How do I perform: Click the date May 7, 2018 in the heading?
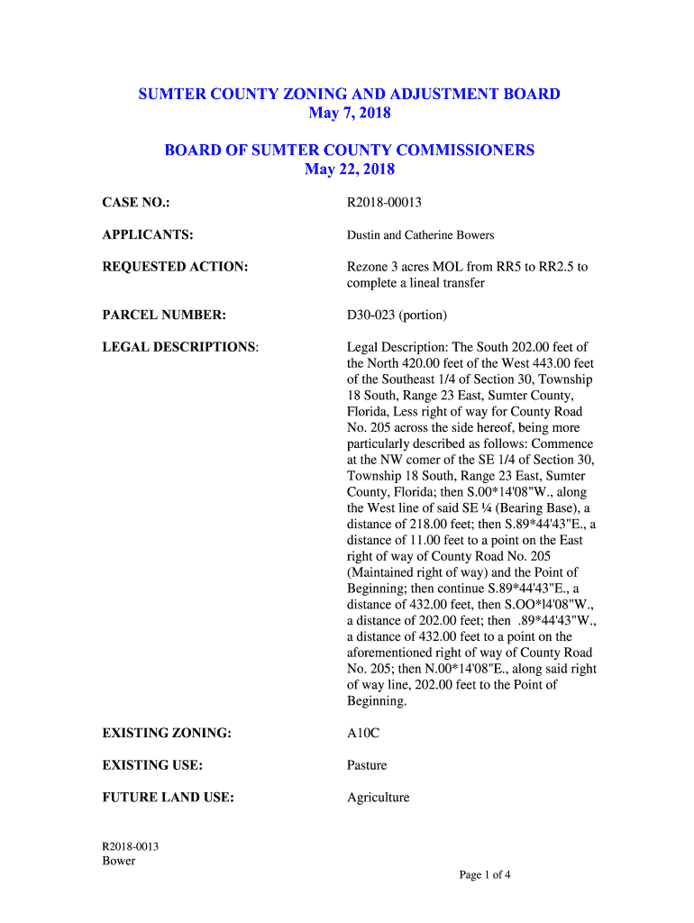click(x=349, y=114)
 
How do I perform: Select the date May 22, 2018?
click(x=349, y=169)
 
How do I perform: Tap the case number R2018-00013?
click(x=385, y=203)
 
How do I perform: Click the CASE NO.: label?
click(x=136, y=203)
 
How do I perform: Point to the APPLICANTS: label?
click(x=148, y=235)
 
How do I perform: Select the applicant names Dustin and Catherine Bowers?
click(x=421, y=235)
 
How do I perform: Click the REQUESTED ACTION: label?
click(x=175, y=267)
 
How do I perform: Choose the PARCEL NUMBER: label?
click(x=163, y=315)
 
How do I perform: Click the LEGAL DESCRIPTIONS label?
click(x=179, y=347)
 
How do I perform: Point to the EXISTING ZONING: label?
click(x=167, y=734)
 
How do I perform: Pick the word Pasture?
click(x=367, y=765)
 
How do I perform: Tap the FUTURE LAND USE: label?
click(x=169, y=798)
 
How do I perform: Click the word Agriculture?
click(x=379, y=798)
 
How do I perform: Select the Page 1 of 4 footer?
click(x=486, y=874)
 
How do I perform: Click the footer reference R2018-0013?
click(x=131, y=846)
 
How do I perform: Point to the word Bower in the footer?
click(x=119, y=861)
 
